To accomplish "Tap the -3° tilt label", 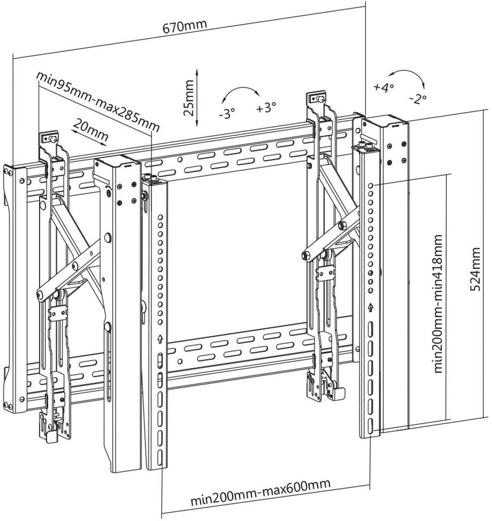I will (x=227, y=114).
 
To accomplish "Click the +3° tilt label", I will (x=266, y=107).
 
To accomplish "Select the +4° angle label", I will (x=383, y=87).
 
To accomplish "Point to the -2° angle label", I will (x=418, y=99).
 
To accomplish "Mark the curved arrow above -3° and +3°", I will (x=240, y=93).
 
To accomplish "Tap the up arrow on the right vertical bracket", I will (x=370, y=307).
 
